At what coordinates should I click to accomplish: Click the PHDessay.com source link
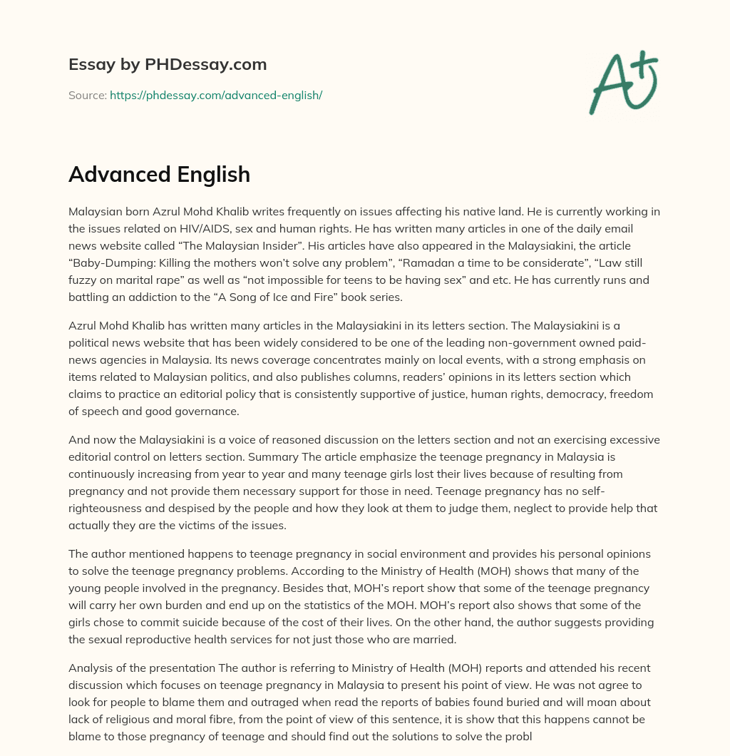(x=216, y=95)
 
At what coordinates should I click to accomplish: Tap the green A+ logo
(x=622, y=83)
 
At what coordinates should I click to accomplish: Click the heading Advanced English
(x=159, y=175)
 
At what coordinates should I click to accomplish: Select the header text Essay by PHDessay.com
(x=168, y=65)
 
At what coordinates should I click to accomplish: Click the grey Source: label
(x=88, y=95)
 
